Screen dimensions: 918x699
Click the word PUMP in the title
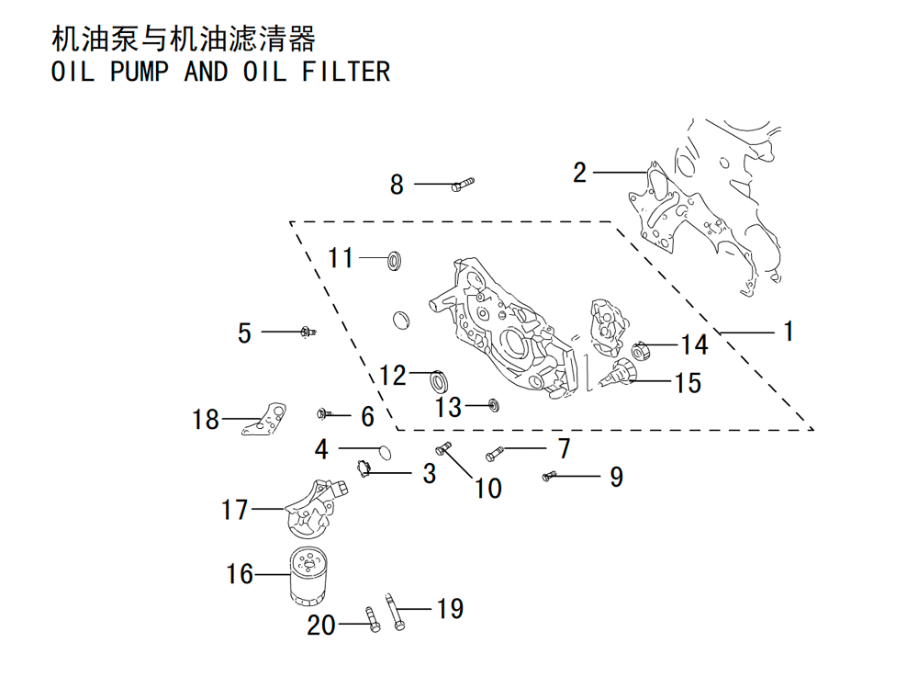pos(140,72)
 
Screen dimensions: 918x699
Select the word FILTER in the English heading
pos(346,72)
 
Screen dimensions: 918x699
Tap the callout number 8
pos(397,185)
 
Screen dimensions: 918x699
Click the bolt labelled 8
pos(463,185)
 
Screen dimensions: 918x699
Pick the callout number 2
pos(579,173)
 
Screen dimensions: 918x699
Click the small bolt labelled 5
pos(308,333)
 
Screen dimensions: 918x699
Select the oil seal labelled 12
pos(439,381)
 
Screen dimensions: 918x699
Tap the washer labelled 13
pos(495,405)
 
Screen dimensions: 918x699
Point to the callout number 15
pos(688,383)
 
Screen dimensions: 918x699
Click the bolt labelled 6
pos(325,413)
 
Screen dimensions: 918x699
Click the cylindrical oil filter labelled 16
pos(308,576)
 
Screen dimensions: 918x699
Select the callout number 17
pos(235,510)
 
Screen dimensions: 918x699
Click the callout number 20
pos(321,626)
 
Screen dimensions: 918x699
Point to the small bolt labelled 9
pos(549,477)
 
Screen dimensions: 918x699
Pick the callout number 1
pos(789,331)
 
